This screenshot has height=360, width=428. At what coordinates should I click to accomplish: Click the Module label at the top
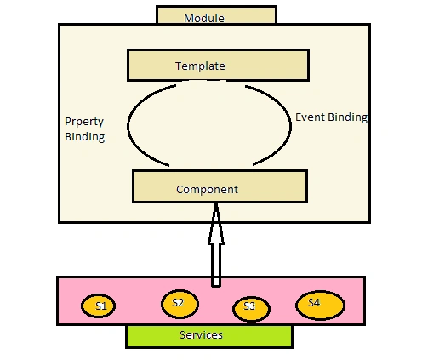204,19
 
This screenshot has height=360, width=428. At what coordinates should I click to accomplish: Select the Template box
218,66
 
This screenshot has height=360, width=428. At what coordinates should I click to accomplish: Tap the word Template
200,66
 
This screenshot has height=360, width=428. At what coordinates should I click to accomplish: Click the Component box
220,186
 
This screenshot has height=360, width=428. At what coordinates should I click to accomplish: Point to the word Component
207,190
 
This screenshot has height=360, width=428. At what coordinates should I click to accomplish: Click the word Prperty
84,122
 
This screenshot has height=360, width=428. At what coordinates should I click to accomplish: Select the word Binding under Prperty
85,137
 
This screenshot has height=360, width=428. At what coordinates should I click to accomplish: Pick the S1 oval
98,306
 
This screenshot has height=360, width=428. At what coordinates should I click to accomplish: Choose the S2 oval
180,304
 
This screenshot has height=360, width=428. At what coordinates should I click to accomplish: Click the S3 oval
251,309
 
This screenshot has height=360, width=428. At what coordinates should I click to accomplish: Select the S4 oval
320,306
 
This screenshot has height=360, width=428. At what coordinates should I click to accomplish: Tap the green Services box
209,336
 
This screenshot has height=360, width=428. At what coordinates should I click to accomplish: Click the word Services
201,335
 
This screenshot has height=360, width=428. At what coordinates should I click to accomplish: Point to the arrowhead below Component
216,224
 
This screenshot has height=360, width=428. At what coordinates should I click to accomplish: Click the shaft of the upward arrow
216,266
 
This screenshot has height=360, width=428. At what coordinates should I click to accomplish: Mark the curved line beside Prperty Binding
128,126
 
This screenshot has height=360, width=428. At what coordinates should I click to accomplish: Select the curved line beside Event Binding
291,126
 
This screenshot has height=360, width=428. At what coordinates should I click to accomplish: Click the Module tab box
216,14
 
